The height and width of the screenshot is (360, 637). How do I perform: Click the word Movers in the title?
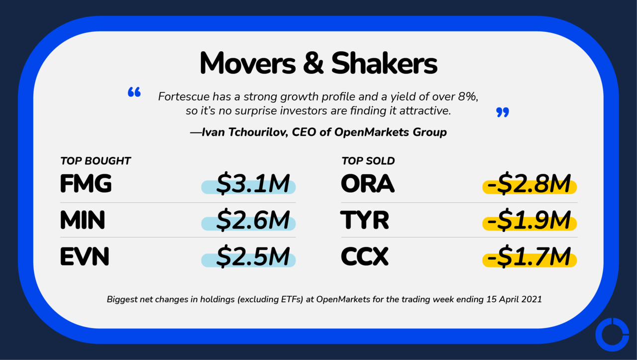coord(248,63)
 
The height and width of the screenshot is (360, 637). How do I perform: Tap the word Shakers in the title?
coord(385,63)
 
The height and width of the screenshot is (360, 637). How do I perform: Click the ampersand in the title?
coord(314,63)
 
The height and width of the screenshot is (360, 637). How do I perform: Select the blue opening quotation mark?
coord(134,92)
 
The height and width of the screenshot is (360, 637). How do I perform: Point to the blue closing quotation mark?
coord(503,112)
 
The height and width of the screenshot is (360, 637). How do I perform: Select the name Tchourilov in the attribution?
coord(258,132)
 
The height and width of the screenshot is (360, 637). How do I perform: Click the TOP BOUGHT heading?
coord(95,161)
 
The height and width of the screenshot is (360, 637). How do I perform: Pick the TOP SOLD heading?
coord(368,161)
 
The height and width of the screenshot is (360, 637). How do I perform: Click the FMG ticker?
coord(86,184)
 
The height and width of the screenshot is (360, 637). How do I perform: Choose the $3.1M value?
coord(253,184)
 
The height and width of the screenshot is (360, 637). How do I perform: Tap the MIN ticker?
coord(83,220)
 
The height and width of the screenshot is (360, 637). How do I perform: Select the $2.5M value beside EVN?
coord(253,257)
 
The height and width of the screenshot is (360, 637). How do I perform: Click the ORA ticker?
coord(368,184)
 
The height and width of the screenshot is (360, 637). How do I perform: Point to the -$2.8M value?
coord(529,184)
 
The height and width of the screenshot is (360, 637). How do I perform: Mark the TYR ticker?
coord(365,220)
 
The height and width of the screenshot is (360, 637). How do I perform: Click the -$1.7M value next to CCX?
coord(529,257)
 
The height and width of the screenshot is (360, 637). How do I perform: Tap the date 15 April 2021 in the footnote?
coord(514,299)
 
